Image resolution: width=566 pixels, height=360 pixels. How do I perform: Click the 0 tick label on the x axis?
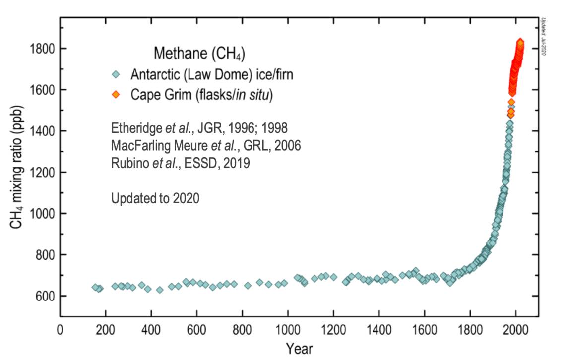[60, 330]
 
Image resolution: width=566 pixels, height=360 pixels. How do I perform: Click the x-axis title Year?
[299, 349]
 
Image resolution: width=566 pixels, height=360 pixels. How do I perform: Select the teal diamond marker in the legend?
[116, 75]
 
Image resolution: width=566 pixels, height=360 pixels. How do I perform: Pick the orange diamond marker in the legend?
[116, 95]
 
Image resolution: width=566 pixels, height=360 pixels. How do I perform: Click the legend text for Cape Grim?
[202, 95]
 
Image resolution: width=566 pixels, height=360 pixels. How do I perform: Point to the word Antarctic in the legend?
[159, 75]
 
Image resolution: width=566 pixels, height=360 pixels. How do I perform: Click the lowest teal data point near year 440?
[160, 290]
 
